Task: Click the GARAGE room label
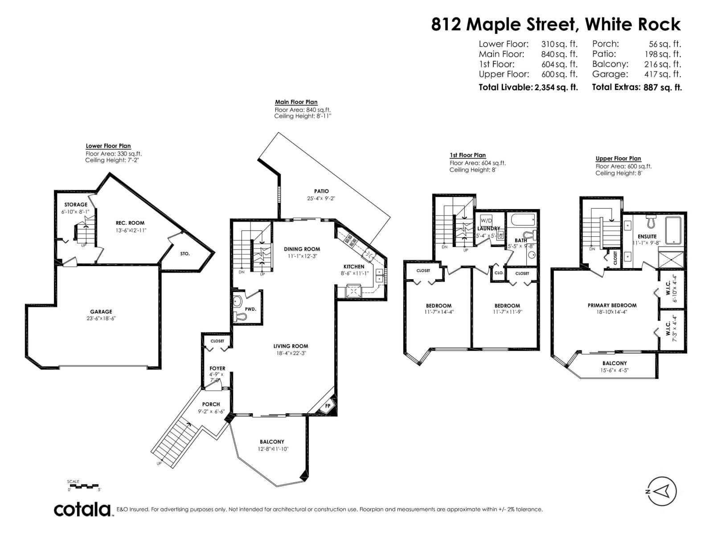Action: (x=101, y=312)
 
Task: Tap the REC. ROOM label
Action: (x=130, y=223)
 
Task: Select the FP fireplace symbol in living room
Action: (x=328, y=406)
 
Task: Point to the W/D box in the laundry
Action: (x=486, y=220)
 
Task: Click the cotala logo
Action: (x=83, y=509)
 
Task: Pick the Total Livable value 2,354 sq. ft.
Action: (x=556, y=87)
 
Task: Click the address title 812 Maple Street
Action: (x=555, y=24)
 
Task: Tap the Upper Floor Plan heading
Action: (x=618, y=158)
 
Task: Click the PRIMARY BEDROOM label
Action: (x=611, y=305)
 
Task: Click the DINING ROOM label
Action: (x=302, y=249)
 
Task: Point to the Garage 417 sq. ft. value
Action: (x=663, y=74)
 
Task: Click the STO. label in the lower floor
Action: (x=185, y=254)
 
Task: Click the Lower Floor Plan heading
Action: (x=108, y=146)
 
